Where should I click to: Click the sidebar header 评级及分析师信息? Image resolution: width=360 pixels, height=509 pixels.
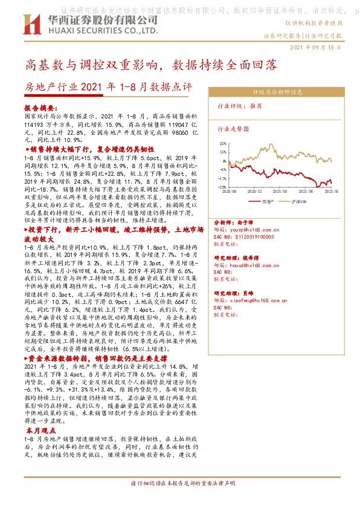(x=278, y=92)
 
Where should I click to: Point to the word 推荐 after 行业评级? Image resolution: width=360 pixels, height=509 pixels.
(x=256, y=105)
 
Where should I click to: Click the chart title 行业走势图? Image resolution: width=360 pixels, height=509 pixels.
(x=233, y=129)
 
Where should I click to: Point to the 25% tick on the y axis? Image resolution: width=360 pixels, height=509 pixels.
(x=222, y=144)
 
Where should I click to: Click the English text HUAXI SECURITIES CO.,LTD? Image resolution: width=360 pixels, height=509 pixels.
(x=100, y=30)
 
